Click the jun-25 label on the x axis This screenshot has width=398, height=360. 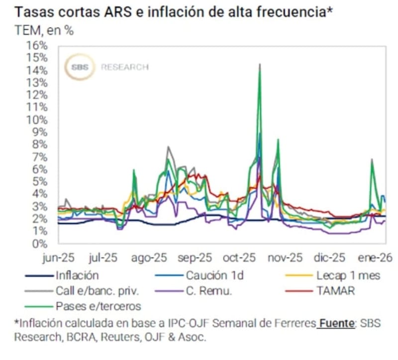(58, 258)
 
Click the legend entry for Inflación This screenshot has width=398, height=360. (77, 275)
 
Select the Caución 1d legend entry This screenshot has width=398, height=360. (214, 275)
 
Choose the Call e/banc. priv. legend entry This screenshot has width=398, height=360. (98, 291)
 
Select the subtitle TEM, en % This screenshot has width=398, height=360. (44, 30)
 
